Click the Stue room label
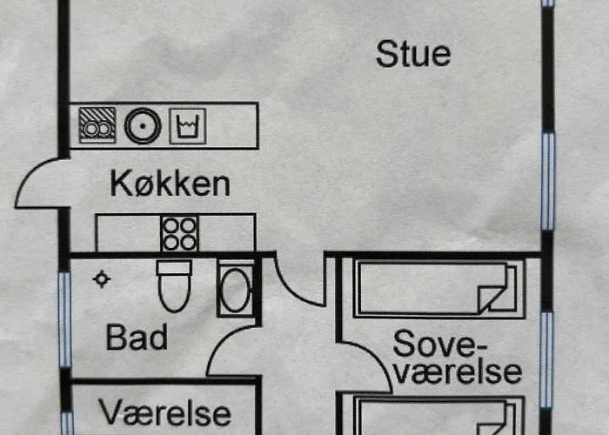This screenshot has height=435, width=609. pos(413,54)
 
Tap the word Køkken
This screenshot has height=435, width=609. pos(171,184)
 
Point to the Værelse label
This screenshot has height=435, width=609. pos(164,412)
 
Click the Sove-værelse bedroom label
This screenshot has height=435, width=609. pos(457,357)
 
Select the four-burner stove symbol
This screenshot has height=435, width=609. pos(179,233)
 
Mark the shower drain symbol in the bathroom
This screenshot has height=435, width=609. pos(103,278)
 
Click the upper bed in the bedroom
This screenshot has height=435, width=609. pos(436,288)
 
